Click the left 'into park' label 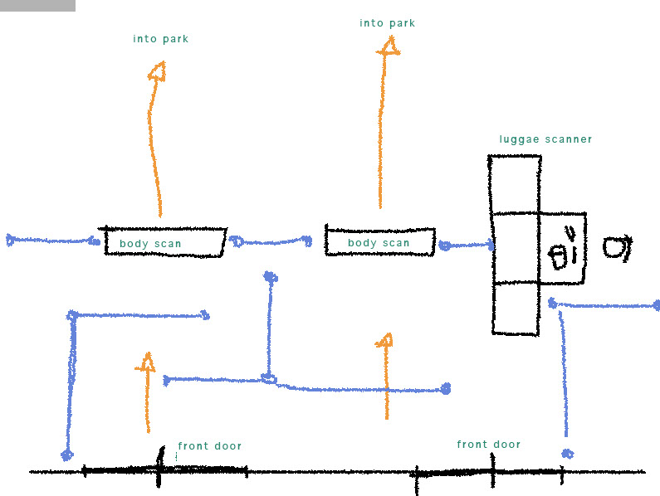tap(160, 39)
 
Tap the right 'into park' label tap(387, 23)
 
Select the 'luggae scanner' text tap(545, 139)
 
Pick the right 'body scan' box tap(379, 241)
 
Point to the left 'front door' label tap(209, 446)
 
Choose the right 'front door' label tap(488, 445)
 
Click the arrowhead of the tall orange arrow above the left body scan tap(157, 71)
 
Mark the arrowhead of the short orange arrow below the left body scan tap(146, 362)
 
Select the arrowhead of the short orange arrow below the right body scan tap(384, 340)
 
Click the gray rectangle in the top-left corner tap(37, 5)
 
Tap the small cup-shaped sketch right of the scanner tap(616, 247)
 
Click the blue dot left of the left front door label tap(66, 455)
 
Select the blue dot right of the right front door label tap(567, 454)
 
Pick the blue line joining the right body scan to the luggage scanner tap(467, 246)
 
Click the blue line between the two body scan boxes tap(270, 242)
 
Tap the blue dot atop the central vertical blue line tap(269, 276)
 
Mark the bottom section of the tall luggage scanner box tap(515, 308)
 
